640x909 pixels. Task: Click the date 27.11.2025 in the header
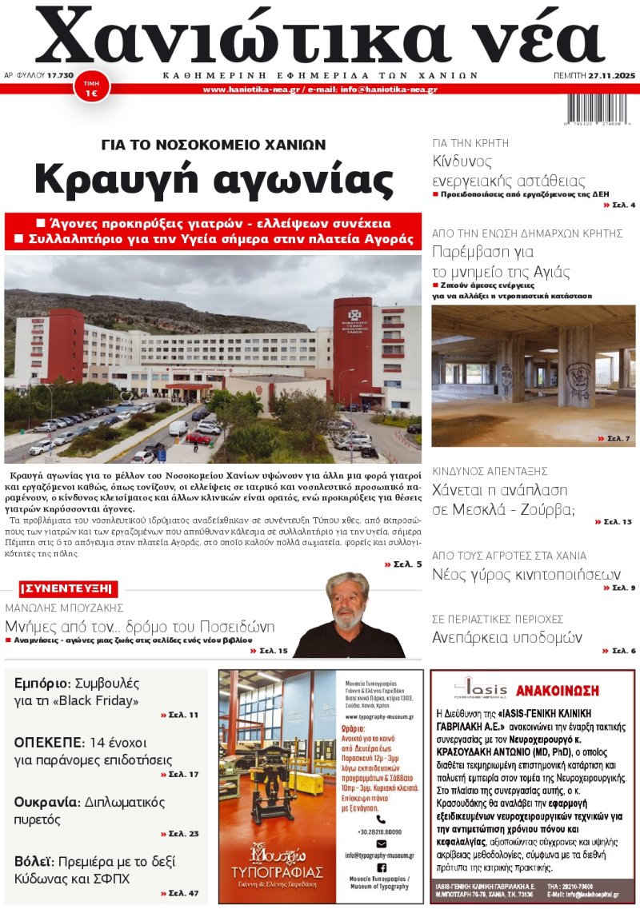tap(610, 75)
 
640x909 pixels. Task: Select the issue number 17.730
tap(61, 75)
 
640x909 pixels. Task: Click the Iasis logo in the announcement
tap(481, 688)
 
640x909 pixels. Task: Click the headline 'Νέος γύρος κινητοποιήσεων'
tap(526, 573)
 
